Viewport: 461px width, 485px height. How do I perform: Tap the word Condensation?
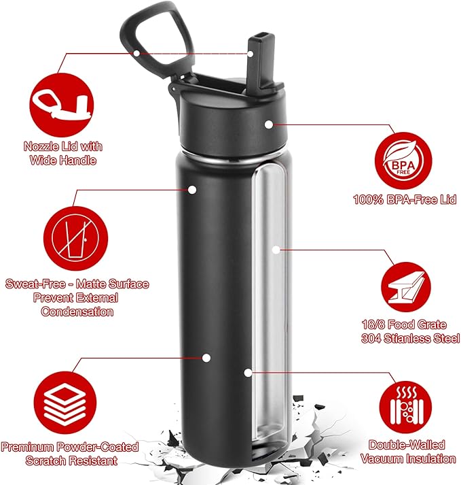click(77, 312)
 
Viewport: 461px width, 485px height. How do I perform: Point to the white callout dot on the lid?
click(270, 124)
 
